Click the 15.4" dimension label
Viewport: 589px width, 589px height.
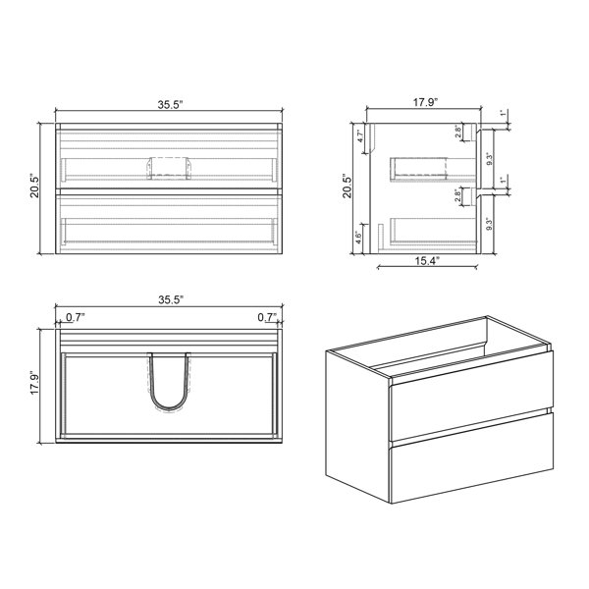tap(427, 261)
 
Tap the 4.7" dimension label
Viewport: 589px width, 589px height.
tap(360, 135)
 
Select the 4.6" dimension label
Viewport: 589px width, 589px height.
tap(359, 238)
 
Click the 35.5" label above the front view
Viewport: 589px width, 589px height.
tap(170, 105)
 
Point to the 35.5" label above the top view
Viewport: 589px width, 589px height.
tap(171, 300)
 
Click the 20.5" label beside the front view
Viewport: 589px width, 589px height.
tap(34, 186)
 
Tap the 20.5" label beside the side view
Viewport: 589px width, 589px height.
tap(347, 186)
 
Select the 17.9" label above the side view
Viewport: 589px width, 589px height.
tap(426, 102)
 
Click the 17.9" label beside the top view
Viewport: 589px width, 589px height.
tap(34, 384)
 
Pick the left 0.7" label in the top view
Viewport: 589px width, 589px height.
tap(76, 318)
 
